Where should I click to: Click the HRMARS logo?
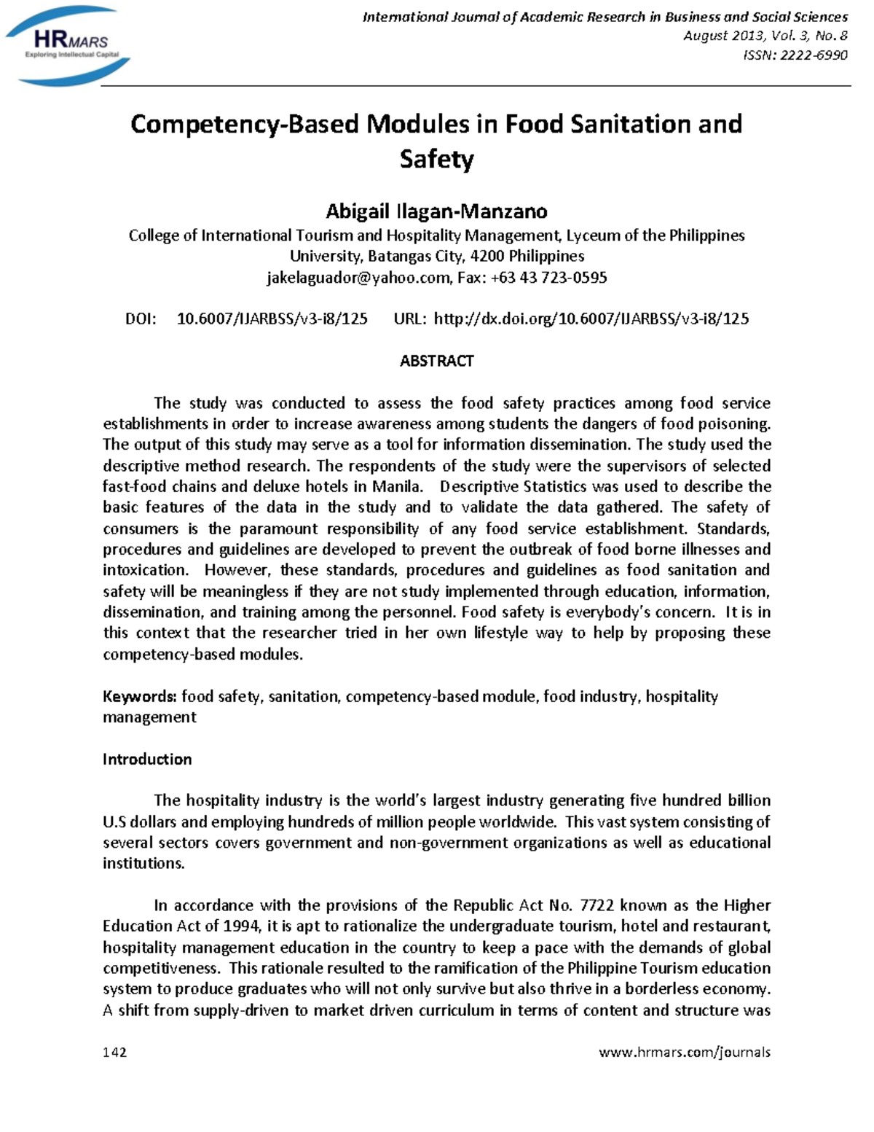point(68,45)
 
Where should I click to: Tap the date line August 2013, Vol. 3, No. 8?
point(765,36)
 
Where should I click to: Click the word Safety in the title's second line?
point(436,159)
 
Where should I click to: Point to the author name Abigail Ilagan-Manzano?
point(436,211)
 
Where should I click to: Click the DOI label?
point(141,319)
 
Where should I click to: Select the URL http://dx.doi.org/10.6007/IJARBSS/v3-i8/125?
point(591,319)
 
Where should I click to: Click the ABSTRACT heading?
point(436,361)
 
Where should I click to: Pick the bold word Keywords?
point(139,696)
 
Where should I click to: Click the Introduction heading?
point(147,759)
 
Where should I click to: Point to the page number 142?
point(115,1052)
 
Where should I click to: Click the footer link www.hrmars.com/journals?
point(684,1052)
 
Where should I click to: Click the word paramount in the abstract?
point(278,528)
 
